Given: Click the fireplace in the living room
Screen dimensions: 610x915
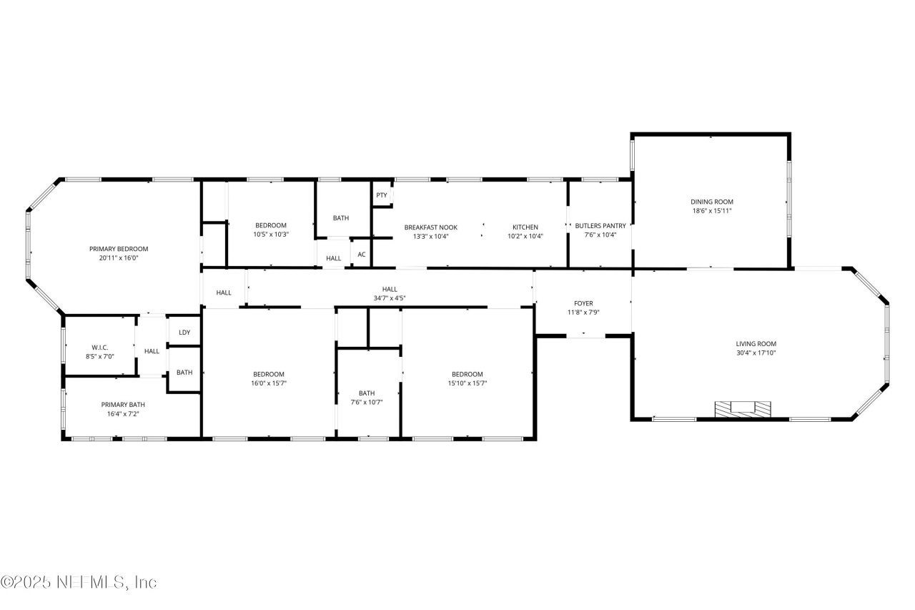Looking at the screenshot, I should pos(743,408).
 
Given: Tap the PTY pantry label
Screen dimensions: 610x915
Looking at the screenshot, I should pos(382,195).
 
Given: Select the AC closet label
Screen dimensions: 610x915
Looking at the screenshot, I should pos(362,255).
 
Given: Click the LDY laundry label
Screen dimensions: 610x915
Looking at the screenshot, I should pos(184,333).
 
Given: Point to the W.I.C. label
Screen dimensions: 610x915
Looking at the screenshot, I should pos(99,347).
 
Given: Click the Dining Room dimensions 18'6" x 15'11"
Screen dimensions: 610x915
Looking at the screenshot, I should pos(711,211).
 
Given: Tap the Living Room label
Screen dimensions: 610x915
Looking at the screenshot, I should pos(756,344).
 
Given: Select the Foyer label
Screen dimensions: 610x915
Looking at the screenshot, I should pos(583,303).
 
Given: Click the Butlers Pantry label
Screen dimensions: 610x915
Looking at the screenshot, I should pos(600,227).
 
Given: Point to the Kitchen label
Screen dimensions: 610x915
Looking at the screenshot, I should pos(525,227).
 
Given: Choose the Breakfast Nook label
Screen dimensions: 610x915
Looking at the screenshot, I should pos(430,227).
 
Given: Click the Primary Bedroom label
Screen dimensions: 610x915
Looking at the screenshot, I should pos(119,249).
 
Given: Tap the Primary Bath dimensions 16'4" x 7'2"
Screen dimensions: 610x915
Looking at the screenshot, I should pos(123,413).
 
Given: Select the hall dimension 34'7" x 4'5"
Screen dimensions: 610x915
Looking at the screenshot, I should pos(390,298).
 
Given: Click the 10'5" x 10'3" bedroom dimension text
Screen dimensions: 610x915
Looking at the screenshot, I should pos(270,235).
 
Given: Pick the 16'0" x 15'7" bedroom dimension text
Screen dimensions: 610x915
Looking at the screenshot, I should pos(269,383).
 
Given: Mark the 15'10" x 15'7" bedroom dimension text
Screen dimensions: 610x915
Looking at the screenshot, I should pos(467,383).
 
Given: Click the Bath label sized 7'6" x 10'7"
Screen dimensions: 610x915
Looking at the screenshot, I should pos(367,393).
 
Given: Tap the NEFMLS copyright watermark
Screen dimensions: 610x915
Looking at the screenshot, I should pos(79,582).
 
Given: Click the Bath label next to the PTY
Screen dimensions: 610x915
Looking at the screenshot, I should pos(341,218).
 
